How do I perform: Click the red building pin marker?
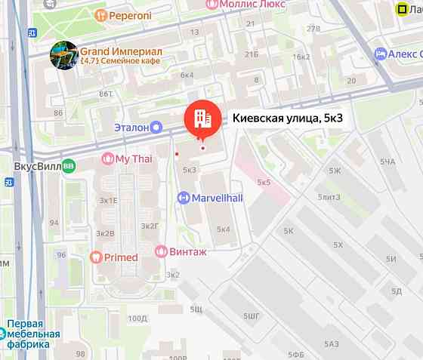(200, 118)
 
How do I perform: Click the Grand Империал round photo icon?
(63, 54)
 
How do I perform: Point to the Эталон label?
(131, 128)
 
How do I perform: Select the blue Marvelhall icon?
(182, 198)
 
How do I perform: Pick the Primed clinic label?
(120, 257)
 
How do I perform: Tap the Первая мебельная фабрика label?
(33, 334)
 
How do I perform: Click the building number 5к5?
(264, 183)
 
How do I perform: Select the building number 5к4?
(223, 229)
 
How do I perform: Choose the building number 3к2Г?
(150, 225)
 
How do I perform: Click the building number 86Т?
(106, 94)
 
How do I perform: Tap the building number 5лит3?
(329, 197)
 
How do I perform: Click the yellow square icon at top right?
(406, 10)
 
